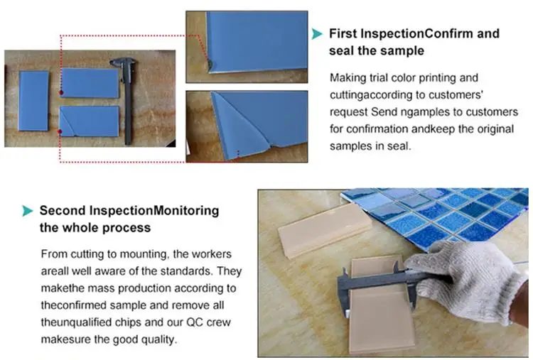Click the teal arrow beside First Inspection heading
(317, 33)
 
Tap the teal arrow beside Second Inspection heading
(28, 211)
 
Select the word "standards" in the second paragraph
(187, 271)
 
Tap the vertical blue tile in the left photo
(33, 101)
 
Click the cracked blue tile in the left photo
(90, 121)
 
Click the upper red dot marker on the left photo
(61, 92)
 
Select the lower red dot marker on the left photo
(60, 131)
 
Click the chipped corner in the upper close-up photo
(210, 65)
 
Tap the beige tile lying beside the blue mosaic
(324, 230)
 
